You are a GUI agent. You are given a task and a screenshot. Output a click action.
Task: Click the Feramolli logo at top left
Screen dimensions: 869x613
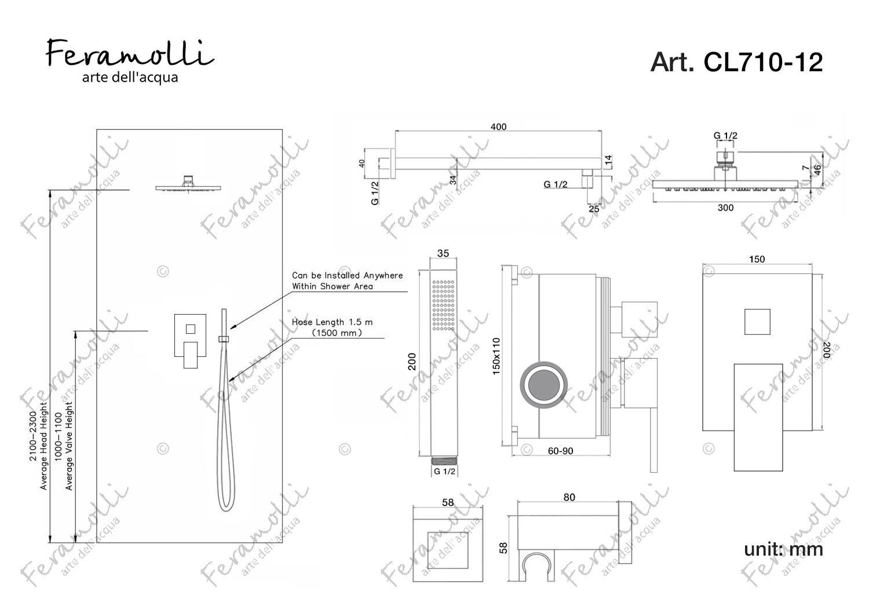(x=130, y=61)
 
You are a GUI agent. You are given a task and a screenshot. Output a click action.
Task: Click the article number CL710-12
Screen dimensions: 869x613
(x=763, y=62)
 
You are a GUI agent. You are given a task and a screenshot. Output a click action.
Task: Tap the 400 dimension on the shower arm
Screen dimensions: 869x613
(x=498, y=127)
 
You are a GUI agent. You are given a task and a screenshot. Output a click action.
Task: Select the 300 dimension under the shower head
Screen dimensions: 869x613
(x=725, y=208)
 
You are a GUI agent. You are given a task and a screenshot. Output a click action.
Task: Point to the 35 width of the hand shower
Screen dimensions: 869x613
(x=443, y=253)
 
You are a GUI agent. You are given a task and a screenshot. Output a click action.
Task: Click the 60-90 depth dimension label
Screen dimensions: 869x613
(x=560, y=451)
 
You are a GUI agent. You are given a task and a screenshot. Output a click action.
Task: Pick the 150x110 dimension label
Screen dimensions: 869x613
(x=496, y=356)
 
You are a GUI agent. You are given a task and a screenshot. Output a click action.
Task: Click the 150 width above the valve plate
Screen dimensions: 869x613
(x=757, y=259)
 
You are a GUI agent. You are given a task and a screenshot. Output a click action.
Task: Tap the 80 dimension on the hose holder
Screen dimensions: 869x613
(x=569, y=497)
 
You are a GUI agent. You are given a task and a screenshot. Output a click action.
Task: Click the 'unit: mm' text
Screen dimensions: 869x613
(x=783, y=549)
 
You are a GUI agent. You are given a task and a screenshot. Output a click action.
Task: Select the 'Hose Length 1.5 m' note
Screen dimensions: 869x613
(x=332, y=322)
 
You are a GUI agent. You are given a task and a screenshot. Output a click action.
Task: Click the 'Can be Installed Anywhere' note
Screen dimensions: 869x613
(x=347, y=275)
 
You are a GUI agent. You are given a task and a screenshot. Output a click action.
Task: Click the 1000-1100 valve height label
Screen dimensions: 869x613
(x=58, y=437)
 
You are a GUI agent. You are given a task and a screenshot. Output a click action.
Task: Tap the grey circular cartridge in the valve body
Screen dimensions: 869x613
(x=543, y=385)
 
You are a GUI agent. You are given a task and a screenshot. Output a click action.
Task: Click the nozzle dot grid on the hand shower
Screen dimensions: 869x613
(x=443, y=305)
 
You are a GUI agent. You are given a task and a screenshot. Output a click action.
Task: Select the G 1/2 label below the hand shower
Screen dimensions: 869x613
(x=444, y=472)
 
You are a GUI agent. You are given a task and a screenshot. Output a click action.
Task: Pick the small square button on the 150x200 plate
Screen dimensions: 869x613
(x=757, y=322)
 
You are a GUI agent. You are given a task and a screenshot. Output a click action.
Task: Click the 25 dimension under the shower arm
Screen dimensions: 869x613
(x=594, y=209)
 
